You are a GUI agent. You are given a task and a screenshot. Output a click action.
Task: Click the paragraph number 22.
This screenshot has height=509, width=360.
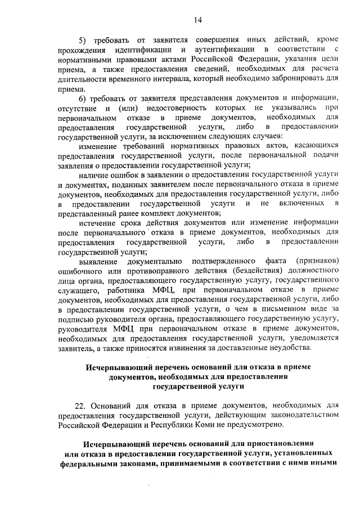(x=81, y=404)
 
